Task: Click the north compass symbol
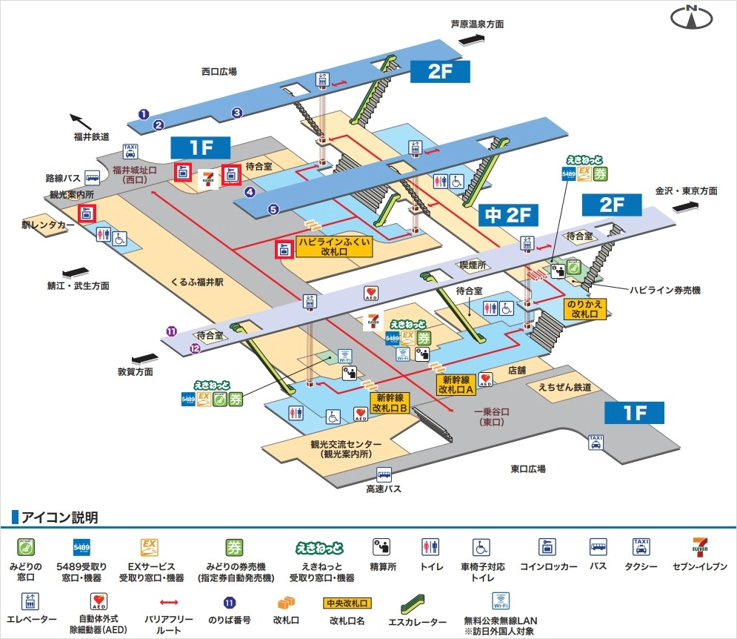pyautogui.click(x=692, y=18)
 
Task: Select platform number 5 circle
pyautogui.click(x=273, y=210)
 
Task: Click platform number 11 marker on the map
pyautogui.click(x=171, y=331)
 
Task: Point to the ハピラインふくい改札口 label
pyautogui.click(x=334, y=247)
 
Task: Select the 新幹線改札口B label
pyautogui.click(x=390, y=403)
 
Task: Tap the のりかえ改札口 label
pyautogui.click(x=585, y=309)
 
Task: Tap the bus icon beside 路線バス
pyautogui.click(x=93, y=177)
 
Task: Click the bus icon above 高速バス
pyautogui.click(x=384, y=473)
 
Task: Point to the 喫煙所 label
pyautogui.click(x=471, y=264)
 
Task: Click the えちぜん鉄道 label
pyautogui.click(x=564, y=386)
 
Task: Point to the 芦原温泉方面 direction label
pyautogui.click(x=478, y=24)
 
